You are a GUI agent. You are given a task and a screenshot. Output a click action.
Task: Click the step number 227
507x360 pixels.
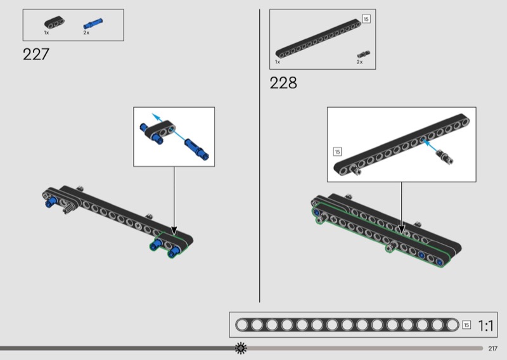pos(36,55)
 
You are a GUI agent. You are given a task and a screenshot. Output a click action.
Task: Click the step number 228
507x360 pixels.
pos(283,83)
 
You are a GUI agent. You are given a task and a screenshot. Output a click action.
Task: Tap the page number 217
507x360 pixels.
pos(493,349)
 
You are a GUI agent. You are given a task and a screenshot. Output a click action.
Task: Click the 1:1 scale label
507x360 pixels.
pos(485,325)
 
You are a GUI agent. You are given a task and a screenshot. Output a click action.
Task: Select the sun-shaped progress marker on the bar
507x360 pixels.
pos(241,348)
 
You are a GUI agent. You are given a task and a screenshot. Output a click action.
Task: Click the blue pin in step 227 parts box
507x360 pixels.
pos(93,23)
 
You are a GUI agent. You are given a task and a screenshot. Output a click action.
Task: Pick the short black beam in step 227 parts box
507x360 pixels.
pos(55,22)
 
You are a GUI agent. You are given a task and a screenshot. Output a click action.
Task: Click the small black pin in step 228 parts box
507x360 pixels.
pos(363,55)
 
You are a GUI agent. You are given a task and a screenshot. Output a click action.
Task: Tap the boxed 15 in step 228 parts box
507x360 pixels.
pos(366,19)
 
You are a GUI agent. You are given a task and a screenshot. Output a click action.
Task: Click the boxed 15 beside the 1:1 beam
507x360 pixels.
pos(466,325)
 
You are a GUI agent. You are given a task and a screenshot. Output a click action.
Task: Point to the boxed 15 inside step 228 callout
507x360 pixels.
pos(338,151)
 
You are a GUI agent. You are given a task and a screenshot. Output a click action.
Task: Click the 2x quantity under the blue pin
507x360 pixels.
pos(86,33)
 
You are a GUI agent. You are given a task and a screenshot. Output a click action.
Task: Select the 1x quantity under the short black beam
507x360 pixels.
pos(46,33)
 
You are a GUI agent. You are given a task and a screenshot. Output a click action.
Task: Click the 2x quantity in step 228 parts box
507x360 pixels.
pos(359,61)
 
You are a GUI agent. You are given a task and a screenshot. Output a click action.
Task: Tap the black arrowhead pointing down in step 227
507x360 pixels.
pos(174,231)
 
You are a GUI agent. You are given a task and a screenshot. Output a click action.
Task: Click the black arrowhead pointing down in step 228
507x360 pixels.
pos(402,229)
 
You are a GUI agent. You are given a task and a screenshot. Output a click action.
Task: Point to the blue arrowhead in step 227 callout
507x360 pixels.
pos(156,117)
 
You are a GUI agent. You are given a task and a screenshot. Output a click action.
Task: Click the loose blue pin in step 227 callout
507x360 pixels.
pos(196,149)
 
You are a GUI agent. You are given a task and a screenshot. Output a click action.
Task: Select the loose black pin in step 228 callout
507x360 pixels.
pos(445,157)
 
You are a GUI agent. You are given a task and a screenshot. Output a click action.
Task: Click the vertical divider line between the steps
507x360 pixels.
pos(259,155)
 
